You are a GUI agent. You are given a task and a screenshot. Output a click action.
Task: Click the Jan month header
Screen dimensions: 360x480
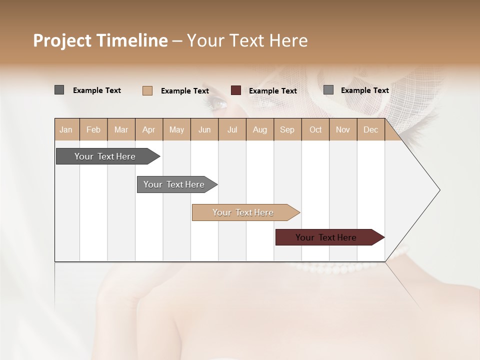point(66,129)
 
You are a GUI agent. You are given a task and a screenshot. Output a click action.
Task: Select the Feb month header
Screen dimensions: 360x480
point(93,129)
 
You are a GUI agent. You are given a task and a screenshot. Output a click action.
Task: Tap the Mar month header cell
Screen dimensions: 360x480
point(121,129)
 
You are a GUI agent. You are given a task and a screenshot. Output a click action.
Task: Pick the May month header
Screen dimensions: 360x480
point(176,129)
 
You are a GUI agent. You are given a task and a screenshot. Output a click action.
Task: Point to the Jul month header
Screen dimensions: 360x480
point(232,129)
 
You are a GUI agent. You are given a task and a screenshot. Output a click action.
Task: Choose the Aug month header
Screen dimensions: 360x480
point(259,129)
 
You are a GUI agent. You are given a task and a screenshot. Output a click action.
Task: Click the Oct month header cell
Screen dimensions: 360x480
point(315,129)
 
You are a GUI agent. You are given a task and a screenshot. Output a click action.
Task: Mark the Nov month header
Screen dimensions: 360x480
point(343,129)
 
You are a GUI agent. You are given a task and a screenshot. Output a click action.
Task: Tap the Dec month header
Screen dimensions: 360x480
point(370,129)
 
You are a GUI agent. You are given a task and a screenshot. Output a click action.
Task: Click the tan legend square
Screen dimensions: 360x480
point(147,90)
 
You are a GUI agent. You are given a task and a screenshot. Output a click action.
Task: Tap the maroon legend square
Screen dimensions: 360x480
point(236,90)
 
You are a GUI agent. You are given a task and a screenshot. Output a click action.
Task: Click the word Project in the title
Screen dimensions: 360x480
point(62,40)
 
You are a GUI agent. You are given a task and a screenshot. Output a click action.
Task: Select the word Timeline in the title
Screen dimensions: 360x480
point(132,40)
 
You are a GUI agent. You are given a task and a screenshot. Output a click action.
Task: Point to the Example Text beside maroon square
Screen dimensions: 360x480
point(273,91)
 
